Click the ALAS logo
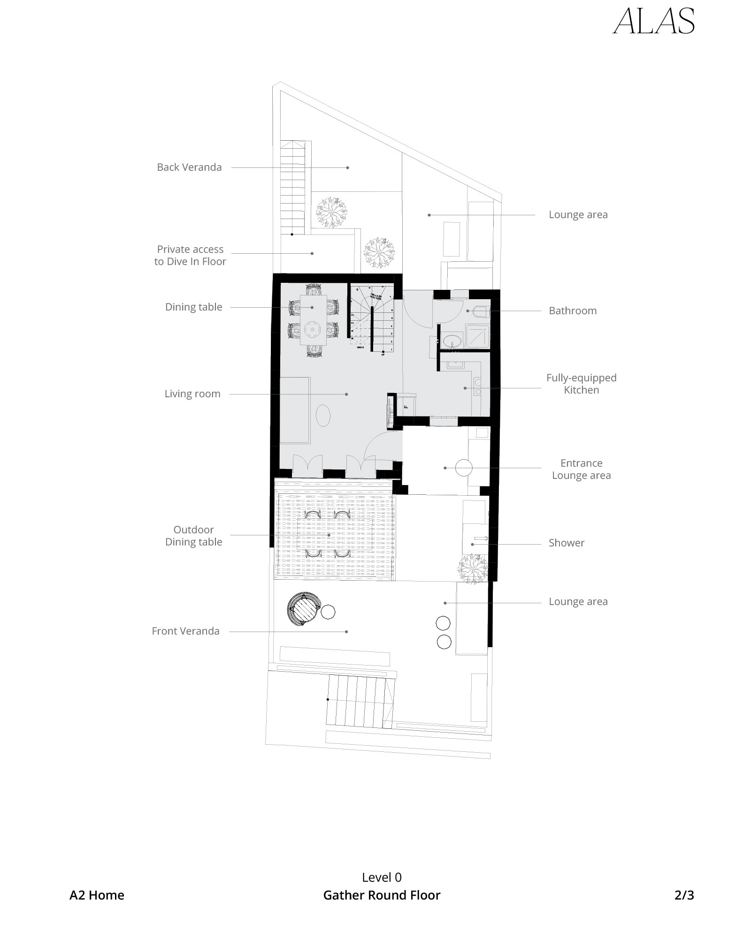click(x=653, y=22)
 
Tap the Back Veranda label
click(x=189, y=167)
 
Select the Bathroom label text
click(x=573, y=310)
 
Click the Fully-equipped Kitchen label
click(x=581, y=384)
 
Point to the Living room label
click(x=192, y=394)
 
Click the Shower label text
click(x=567, y=543)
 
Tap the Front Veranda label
click(x=185, y=631)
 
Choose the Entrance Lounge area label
click(x=581, y=469)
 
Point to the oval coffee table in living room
click(x=323, y=416)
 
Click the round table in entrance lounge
click(x=464, y=468)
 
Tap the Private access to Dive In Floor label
click(x=190, y=256)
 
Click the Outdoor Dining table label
click(x=193, y=536)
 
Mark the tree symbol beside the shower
click(x=473, y=568)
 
